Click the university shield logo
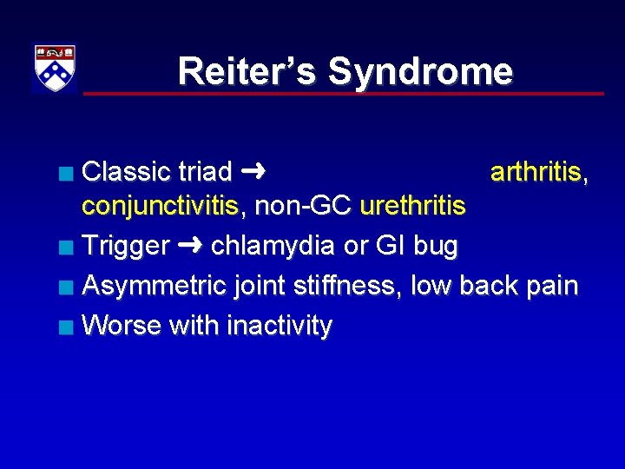point(55,68)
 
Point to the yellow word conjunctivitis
point(160,208)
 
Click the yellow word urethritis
point(412,208)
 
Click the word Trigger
point(125,247)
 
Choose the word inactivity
point(279,326)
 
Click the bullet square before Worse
point(67,327)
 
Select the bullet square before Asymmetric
point(67,287)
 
